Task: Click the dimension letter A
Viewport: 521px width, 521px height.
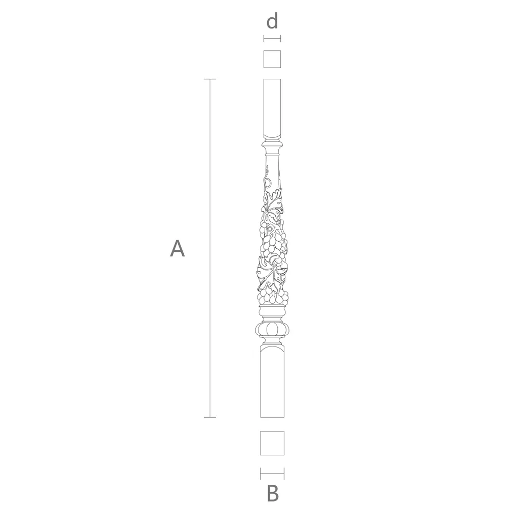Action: click(x=177, y=248)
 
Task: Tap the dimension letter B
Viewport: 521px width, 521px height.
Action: click(x=273, y=494)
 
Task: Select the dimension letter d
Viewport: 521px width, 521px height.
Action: click(x=272, y=21)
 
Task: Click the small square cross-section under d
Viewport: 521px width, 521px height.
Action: click(x=272, y=59)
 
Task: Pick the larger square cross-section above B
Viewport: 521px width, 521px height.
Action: click(x=272, y=443)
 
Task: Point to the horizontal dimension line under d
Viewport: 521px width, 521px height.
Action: click(x=272, y=39)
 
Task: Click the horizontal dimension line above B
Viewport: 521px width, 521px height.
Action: click(x=272, y=474)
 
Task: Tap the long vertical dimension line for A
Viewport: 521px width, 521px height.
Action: click(x=210, y=248)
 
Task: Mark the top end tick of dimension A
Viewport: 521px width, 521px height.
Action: click(x=210, y=79)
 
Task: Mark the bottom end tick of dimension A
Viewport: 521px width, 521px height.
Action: click(x=210, y=417)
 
